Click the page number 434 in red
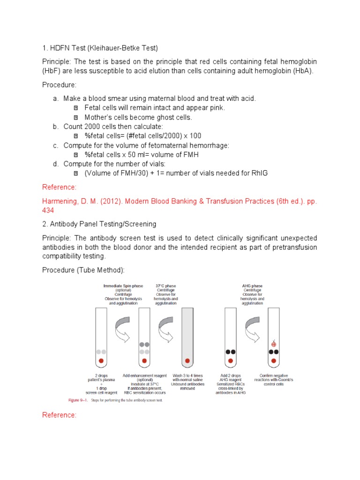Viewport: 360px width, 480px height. pos(48,210)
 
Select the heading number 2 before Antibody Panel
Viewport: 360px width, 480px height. pos(45,224)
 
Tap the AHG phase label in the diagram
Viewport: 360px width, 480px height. pos(252,285)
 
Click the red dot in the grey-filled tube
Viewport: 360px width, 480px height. pos(187,361)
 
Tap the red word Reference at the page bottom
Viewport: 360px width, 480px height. pos(59,415)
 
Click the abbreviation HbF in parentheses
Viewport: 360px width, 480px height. pos(52,71)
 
